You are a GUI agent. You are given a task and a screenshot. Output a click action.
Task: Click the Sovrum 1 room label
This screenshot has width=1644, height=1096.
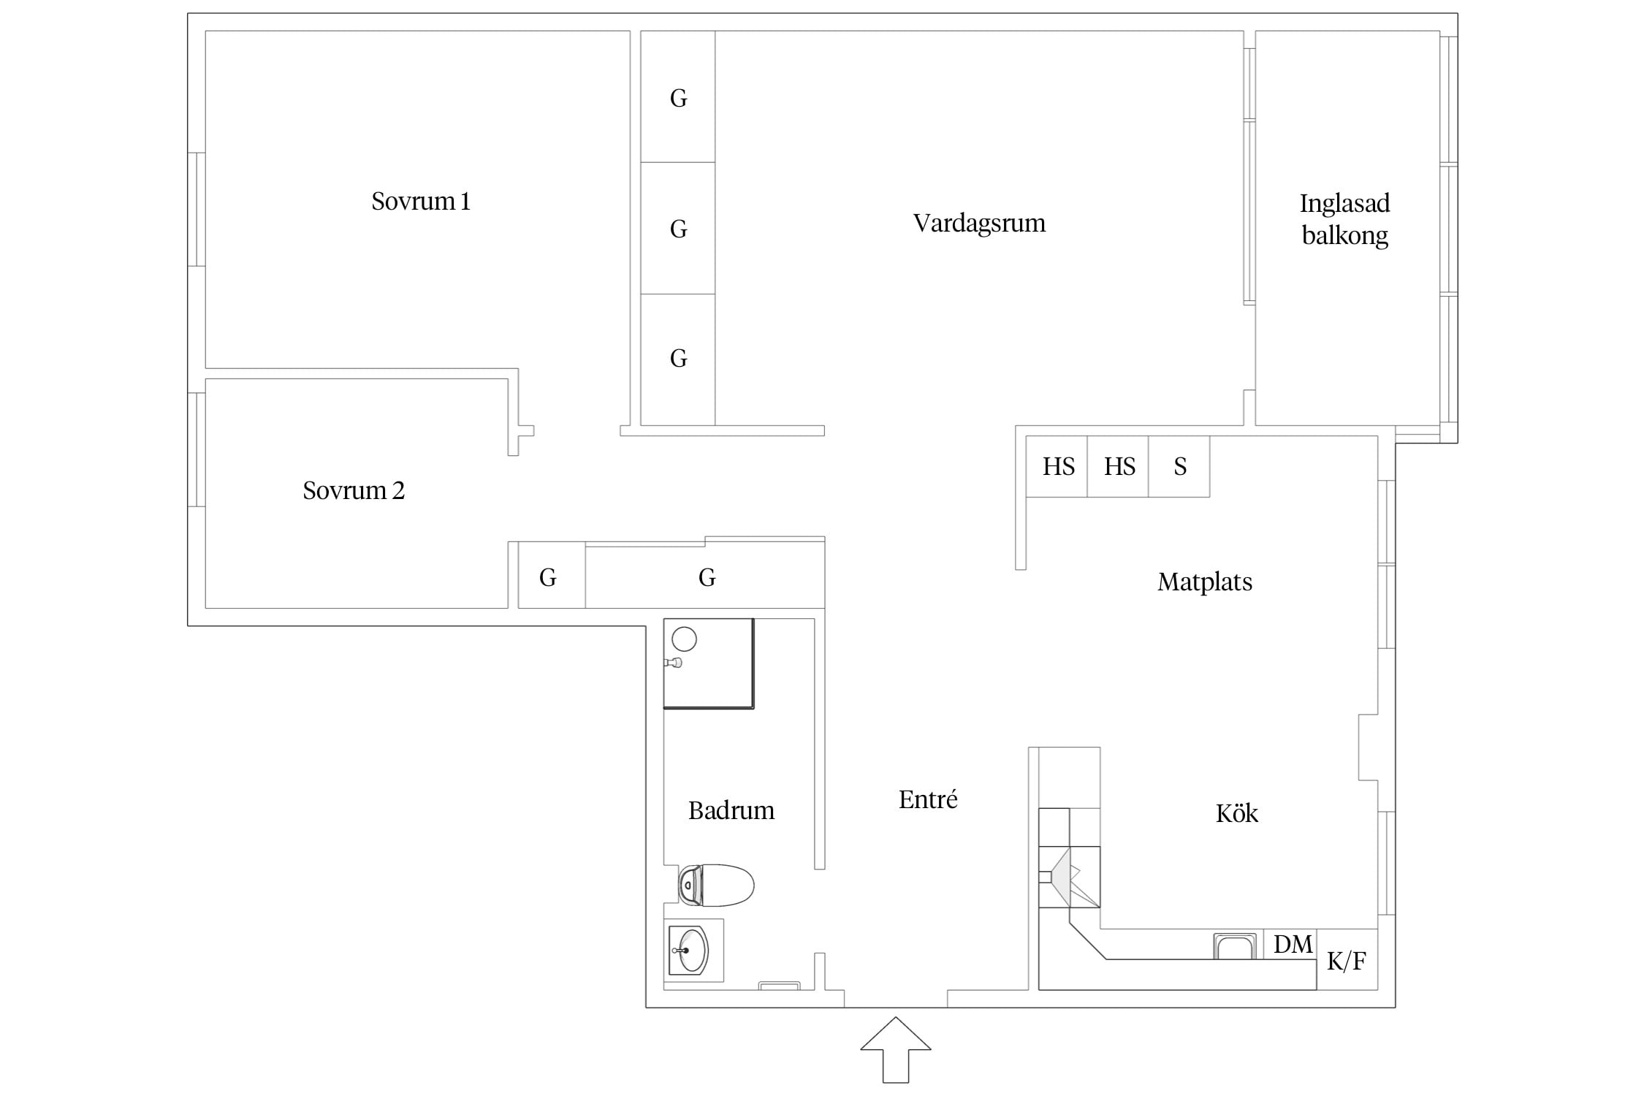click(421, 201)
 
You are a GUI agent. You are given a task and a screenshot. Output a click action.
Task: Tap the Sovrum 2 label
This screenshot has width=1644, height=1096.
click(354, 490)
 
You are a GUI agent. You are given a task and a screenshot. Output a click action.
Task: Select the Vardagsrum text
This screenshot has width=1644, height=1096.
click(979, 224)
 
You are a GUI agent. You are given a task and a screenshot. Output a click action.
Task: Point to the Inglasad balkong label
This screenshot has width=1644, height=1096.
click(1344, 219)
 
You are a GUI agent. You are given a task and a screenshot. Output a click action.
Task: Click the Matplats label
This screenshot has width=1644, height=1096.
click(1205, 582)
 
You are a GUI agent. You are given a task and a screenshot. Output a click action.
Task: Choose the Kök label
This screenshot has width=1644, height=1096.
click(1237, 813)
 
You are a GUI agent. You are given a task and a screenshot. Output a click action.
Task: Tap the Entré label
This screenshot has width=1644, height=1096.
click(928, 799)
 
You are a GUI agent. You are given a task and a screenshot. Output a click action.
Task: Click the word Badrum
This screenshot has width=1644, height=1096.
click(731, 810)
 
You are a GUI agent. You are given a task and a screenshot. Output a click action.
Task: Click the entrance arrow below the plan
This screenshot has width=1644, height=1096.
click(896, 1049)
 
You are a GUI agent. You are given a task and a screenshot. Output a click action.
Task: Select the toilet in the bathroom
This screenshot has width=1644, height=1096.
click(716, 886)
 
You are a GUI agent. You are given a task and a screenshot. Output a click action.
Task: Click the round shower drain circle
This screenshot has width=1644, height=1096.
click(685, 639)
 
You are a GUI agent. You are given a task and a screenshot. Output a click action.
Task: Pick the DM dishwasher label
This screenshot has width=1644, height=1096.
click(1293, 945)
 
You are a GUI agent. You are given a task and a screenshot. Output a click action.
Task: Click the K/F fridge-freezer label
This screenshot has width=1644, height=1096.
click(1347, 962)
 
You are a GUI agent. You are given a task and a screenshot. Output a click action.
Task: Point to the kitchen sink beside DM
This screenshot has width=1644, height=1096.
click(1235, 946)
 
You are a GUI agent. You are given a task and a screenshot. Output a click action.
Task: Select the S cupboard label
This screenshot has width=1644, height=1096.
click(1180, 467)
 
